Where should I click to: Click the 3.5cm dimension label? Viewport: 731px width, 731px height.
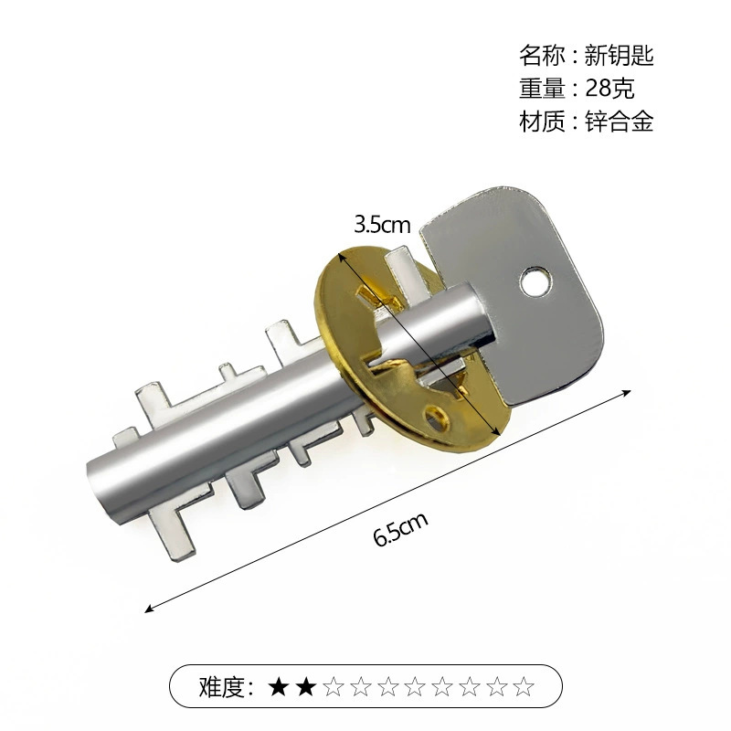click(383, 223)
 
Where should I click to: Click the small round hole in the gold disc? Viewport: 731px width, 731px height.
click(436, 418)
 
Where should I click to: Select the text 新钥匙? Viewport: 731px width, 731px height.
click(620, 56)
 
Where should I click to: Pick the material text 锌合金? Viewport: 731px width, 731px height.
click(620, 122)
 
